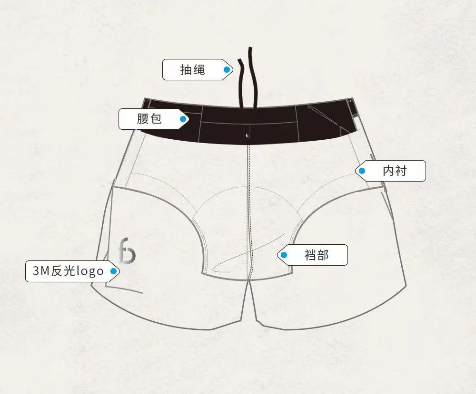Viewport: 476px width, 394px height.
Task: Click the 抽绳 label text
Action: [193, 70]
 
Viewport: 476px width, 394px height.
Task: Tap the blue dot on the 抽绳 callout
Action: [227, 70]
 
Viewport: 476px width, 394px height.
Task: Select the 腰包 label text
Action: [149, 118]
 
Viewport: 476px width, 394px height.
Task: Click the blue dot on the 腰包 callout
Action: [183, 119]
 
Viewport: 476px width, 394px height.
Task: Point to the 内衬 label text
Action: [395, 171]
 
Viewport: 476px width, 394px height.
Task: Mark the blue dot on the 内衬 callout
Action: [362, 171]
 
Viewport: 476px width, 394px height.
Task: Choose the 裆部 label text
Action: [317, 255]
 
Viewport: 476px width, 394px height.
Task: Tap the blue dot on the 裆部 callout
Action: [284, 255]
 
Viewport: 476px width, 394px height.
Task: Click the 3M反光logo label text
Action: [68, 271]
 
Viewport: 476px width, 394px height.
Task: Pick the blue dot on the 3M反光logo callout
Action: [114, 271]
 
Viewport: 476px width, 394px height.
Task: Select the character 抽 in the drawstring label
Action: [187, 70]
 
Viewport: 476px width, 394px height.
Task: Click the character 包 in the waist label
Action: [156, 118]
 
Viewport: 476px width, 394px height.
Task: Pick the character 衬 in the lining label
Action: [401, 171]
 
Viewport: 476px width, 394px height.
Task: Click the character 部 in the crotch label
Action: [323, 255]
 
